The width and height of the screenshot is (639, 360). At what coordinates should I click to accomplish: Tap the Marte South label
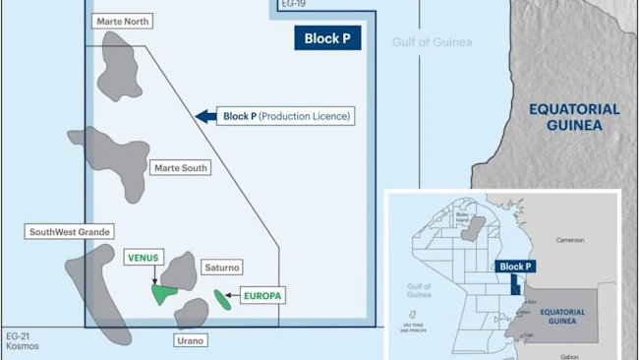[180, 168]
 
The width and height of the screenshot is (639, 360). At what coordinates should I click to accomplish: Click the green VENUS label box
[145, 258]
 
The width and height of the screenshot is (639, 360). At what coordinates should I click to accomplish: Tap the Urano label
[190, 339]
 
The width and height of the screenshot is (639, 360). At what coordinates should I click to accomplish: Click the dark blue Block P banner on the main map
[327, 38]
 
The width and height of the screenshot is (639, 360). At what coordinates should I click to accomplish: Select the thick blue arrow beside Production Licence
[205, 116]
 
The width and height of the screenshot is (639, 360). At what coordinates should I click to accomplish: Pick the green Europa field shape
[224, 298]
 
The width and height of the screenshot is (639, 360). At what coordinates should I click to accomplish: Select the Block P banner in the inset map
[516, 267]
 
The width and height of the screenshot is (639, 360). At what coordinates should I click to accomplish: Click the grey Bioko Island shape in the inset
[474, 228]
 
